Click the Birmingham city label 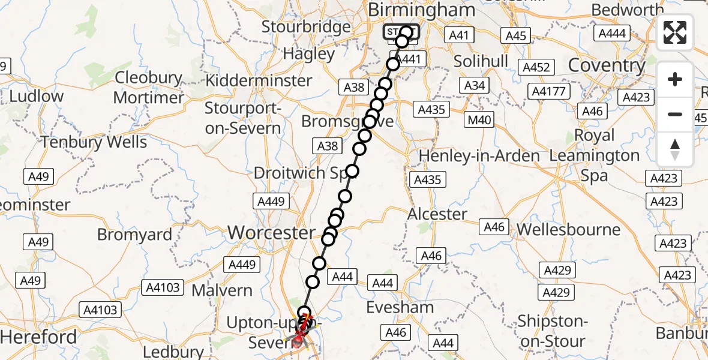coord(421,10)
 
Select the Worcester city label coord(271,232)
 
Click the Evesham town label coord(401,307)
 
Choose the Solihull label coord(481,61)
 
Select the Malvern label coord(222,290)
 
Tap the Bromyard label coord(134,234)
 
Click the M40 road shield coord(479,120)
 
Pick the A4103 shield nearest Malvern coord(163,287)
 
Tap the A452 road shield coord(536,67)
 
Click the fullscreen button coord(675,32)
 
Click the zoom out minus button coord(675,114)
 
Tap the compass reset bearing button coord(675,149)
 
